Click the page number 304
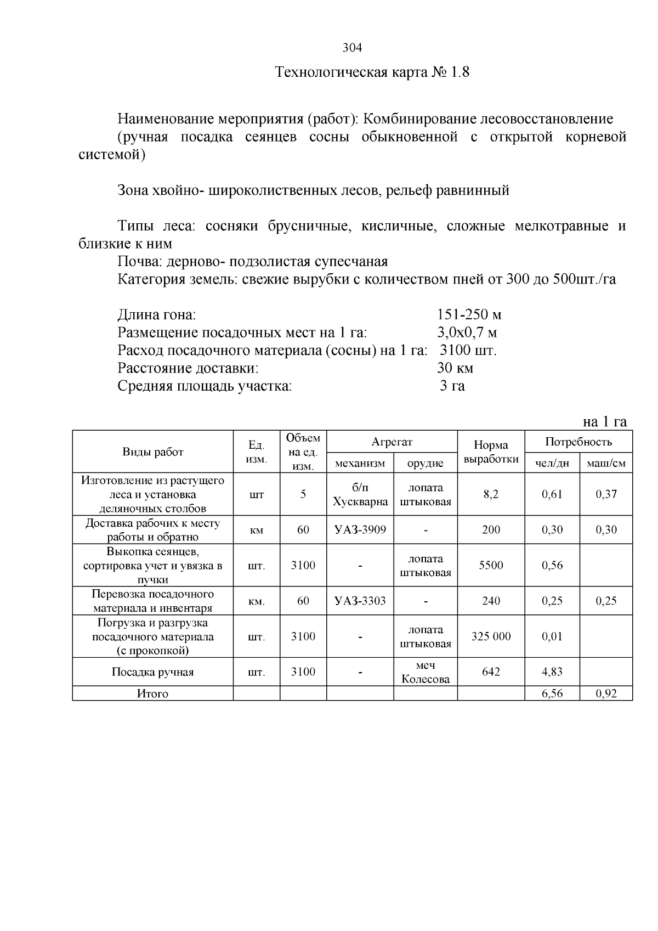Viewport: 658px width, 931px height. [x=352, y=48]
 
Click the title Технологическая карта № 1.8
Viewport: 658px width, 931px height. [x=372, y=72]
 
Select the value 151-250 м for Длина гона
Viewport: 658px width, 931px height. [x=469, y=315]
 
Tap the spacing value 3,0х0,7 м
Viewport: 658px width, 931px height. [x=467, y=332]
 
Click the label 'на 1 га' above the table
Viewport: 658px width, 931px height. [x=604, y=421]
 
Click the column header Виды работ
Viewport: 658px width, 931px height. [x=152, y=452]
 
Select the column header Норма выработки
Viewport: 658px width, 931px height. [x=491, y=452]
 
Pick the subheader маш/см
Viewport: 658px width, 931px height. [x=606, y=464]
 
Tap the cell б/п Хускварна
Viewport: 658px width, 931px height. [x=360, y=494]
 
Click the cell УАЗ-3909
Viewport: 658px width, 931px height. [x=360, y=530]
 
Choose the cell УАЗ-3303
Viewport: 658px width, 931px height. [x=360, y=601]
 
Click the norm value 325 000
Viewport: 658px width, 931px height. [x=491, y=636]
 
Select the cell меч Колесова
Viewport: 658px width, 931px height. [x=425, y=672]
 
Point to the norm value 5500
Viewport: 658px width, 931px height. [x=491, y=566]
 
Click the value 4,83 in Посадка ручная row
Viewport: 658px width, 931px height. [x=552, y=672]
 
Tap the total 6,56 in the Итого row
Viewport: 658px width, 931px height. [x=552, y=694]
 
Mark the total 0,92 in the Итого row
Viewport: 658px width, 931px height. [x=606, y=694]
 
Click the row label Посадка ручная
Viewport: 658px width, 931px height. [x=152, y=673]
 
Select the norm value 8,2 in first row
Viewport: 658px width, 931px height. [x=491, y=494]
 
